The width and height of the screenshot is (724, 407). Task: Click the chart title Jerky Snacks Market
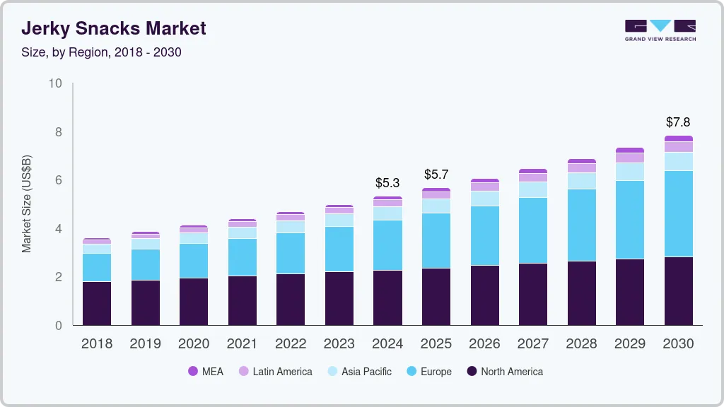[x=113, y=28]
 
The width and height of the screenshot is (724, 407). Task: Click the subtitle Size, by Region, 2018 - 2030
[x=101, y=52]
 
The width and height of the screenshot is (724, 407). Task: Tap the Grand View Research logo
[x=660, y=30]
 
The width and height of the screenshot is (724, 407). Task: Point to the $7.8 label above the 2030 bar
[x=678, y=122]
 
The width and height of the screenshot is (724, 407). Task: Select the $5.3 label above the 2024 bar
[x=387, y=183]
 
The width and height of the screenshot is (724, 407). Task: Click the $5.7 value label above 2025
[x=436, y=175]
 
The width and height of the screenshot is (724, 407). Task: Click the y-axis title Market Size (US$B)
[x=26, y=203]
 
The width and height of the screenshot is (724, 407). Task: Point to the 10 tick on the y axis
[x=55, y=83]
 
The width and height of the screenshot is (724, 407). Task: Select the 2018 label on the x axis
[x=96, y=343]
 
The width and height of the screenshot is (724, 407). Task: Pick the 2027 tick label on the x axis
[x=532, y=343]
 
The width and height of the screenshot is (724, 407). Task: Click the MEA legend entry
[x=205, y=371]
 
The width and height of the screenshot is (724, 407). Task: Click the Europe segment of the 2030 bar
[x=678, y=213]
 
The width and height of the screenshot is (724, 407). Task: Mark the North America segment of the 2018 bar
[x=96, y=303]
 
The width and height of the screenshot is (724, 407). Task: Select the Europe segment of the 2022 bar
[x=290, y=253]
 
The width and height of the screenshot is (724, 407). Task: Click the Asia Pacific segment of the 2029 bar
[x=630, y=172]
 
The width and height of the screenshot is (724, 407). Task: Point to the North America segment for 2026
[x=484, y=295]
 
